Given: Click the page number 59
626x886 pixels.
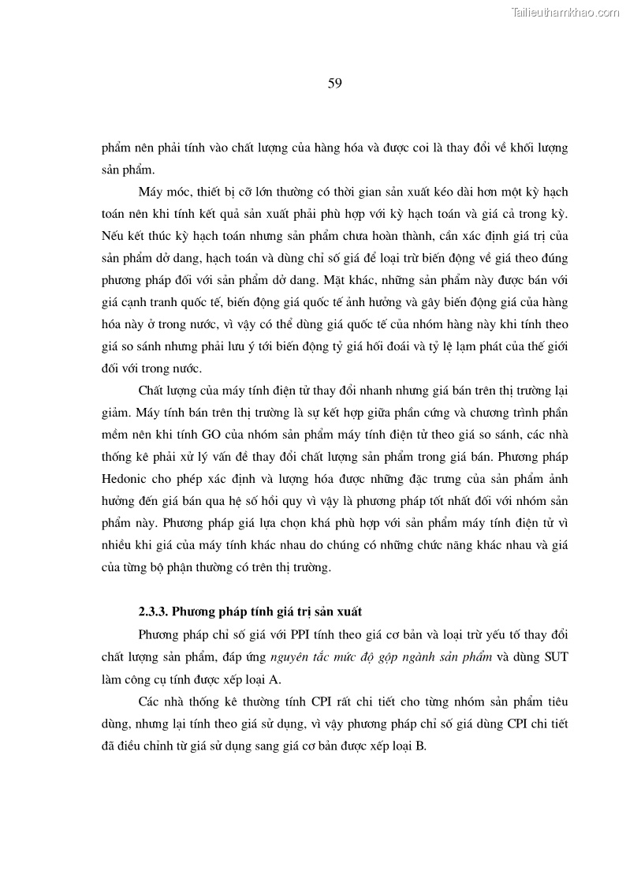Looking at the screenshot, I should tap(334, 84).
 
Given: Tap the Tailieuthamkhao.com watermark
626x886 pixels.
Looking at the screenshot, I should tap(565, 12).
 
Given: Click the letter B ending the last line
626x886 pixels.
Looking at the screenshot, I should tap(422, 745).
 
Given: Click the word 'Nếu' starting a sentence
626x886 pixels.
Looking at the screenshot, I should tap(112, 235).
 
